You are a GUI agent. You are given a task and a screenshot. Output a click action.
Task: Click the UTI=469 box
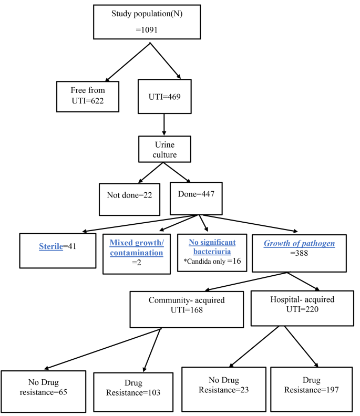pyautogui.click(x=164, y=97)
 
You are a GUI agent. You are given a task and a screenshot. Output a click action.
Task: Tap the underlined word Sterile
pyautogui.click(x=51, y=246)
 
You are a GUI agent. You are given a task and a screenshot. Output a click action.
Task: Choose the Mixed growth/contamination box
pyautogui.click(x=137, y=248)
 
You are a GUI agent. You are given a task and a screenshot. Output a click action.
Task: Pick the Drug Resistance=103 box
pyautogui.click(x=133, y=388)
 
